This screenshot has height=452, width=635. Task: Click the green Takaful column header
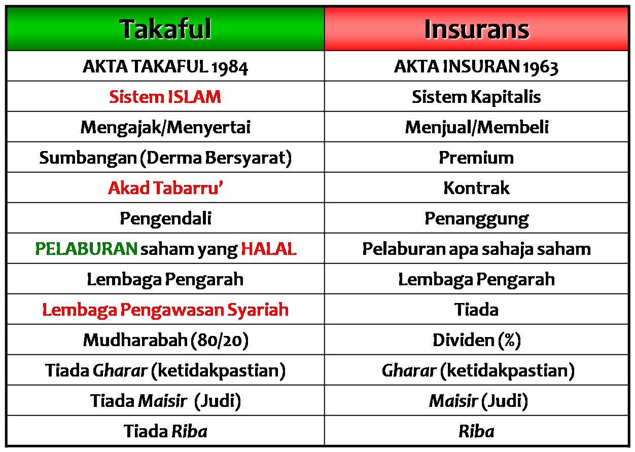pyautogui.click(x=165, y=29)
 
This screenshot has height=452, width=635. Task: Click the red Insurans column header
pyautogui.click(x=476, y=29)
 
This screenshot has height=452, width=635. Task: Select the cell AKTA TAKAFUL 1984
pyautogui.click(x=165, y=66)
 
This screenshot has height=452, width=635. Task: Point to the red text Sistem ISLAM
pyautogui.click(x=165, y=97)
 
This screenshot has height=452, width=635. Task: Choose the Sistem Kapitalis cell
pyautogui.click(x=476, y=97)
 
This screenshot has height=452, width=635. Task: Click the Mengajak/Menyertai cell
pyautogui.click(x=165, y=127)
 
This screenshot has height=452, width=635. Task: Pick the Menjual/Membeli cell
pyautogui.click(x=476, y=127)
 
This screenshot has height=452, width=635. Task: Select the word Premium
pyautogui.click(x=476, y=158)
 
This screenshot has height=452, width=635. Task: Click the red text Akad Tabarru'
pyautogui.click(x=165, y=188)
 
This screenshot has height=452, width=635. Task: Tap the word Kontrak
pyautogui.click(x=476, y=188)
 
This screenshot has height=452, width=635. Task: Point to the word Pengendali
pyautogui.click(x=165, y=218)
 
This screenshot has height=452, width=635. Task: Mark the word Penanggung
pyautogui.click(x=476, y=218)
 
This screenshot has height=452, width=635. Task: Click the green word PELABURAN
pyautogui.click(x=86, y=249)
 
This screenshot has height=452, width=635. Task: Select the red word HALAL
pyautogui.click(x=268, y=249)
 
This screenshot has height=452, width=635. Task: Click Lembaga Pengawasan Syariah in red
pyautogui.click(x=165, y=310)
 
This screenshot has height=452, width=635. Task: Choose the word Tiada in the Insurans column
pyautogui.click(x=476, y=310)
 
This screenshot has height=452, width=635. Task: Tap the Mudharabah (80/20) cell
pyautogui.click(x=165, y=340)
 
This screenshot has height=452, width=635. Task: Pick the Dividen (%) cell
pyautogui.click(x=476, y=340)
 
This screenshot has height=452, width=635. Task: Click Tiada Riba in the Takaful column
pyautogui.click(x=165, y=431)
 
